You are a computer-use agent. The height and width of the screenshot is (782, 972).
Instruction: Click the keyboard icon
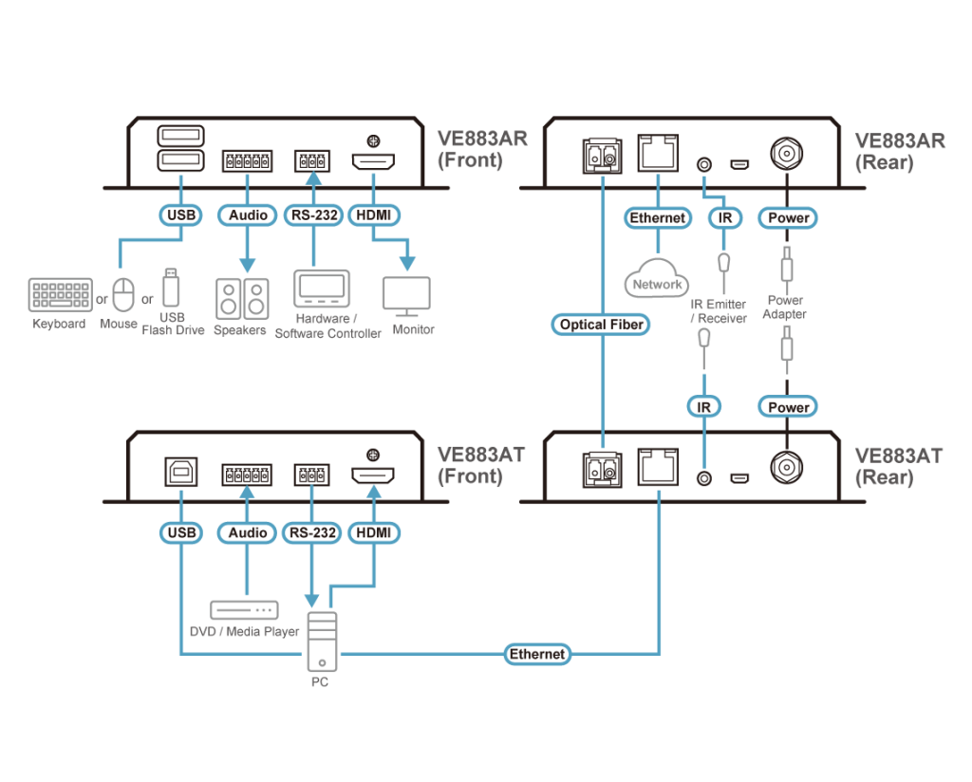pyautogui.click(x=61, y=295)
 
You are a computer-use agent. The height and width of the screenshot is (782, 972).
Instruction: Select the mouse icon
pyautogui.click(x=124, y=294)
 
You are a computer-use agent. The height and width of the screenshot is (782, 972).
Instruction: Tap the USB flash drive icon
pyautogui.click(x=171, y=288)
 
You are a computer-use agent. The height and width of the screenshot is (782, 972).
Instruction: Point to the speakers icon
pyautogui.click(x=241, y=298)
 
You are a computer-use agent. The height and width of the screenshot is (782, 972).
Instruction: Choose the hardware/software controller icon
pyautogui.click(x=321, y=289)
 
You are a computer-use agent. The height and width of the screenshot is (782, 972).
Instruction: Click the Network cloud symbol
pyautogui.click(x=656, y=278)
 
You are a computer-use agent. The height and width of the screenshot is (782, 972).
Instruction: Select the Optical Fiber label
pyautogui.click(x=602, y=325)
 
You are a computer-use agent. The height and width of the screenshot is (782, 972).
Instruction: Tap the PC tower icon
pyautogui.click(x=322, y=641)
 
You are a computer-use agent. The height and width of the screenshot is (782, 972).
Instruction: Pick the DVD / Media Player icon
pyautogui.click(x=244, y=609)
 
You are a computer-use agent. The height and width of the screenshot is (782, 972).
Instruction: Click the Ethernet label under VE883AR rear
pyautogui.click(x=657, y=218)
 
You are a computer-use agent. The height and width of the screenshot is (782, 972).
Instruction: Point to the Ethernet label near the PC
pyautogui.click(x=537, y=654)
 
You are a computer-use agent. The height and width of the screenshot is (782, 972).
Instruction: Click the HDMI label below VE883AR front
pyautogui.click(x=374, y=215)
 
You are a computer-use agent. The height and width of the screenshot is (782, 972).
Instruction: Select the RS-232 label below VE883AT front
pyautogui.click(x=311, y=533)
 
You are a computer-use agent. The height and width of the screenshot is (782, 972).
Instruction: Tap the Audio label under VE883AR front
pyautogui.click(x=248, y=215)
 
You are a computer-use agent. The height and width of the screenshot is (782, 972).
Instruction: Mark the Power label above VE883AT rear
pyautogui.click(x=789, y=407)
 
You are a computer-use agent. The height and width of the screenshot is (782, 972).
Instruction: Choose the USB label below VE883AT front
pyautogui.click(x=180, y=533)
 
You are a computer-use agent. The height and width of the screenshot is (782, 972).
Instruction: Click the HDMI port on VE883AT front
pyautogui.click(x=373, y=475)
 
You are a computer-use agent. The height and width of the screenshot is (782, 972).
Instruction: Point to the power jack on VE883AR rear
pyautogui.click(x=787, y=153)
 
